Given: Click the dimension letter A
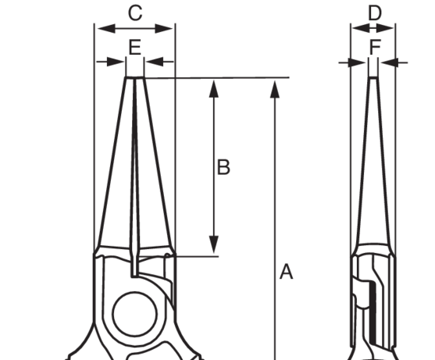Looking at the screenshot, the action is point(286,272).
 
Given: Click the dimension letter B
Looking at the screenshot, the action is point(223,167).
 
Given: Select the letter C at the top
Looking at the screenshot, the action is point(135,12).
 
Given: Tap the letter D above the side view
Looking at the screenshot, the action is point(375,13).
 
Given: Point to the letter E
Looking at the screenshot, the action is point(135,47).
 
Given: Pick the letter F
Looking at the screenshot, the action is point(375,47).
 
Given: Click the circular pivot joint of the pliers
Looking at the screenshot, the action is point(135,314).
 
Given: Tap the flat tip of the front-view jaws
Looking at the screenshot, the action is point(135,78).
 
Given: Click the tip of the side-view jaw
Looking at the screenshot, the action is point(373,78).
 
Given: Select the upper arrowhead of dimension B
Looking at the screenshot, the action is point(214,89).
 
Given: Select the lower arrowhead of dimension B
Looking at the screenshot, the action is point(214,244).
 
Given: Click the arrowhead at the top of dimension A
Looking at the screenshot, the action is point(275,90).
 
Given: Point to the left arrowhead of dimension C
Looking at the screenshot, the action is point(106,28).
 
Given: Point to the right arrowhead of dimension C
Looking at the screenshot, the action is point(164,28).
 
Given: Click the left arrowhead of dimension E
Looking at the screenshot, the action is point(116,62).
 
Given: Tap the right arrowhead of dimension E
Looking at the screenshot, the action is point(155,62).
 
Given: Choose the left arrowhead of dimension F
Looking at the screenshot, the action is point(357,62).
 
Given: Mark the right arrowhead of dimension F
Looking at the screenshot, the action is point(390,62).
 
